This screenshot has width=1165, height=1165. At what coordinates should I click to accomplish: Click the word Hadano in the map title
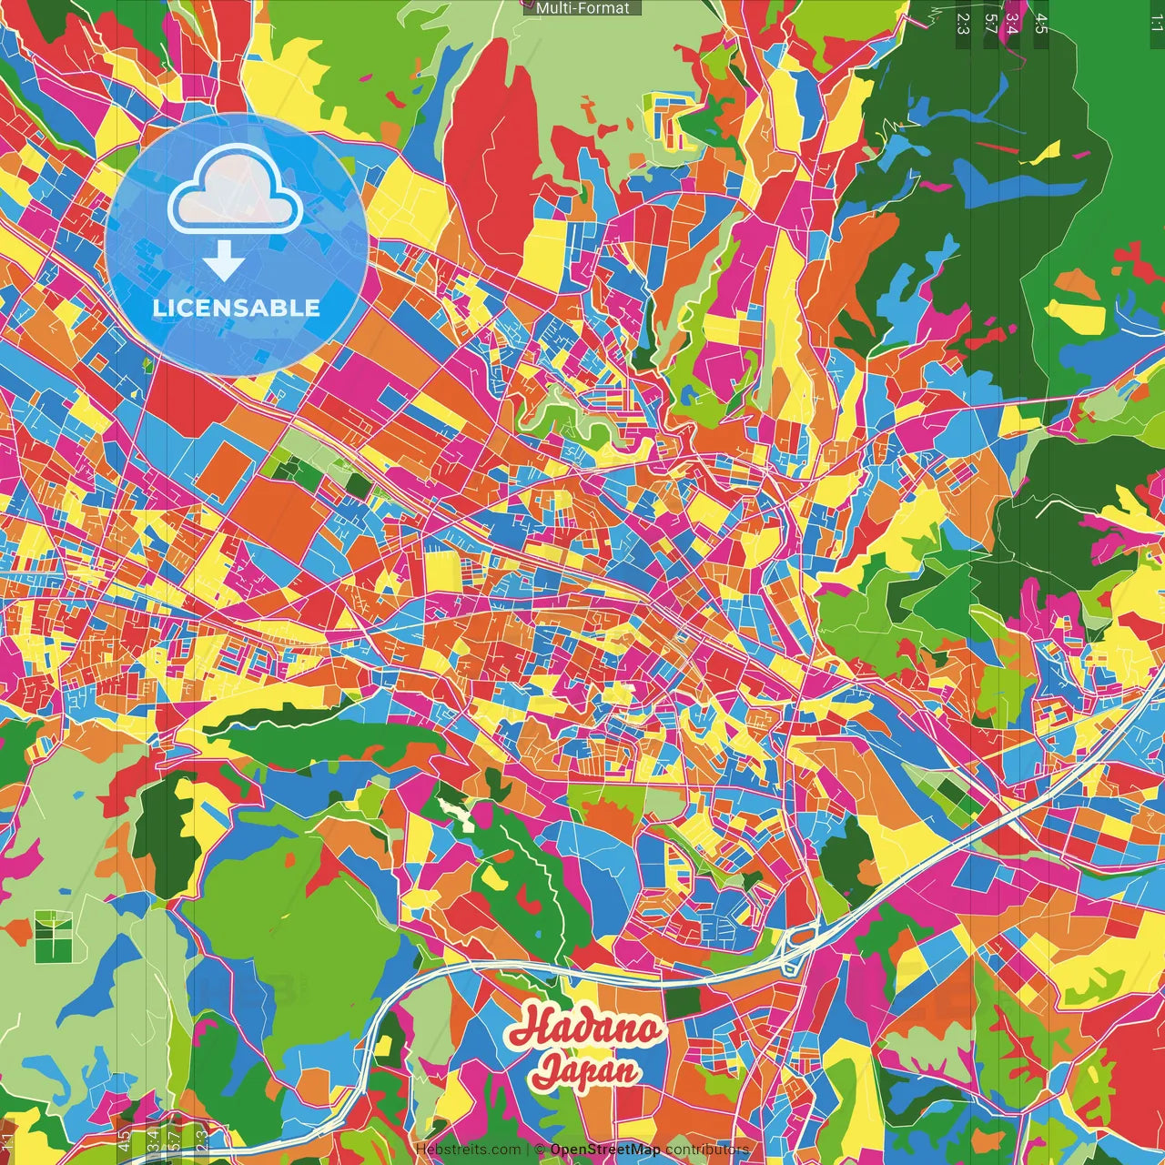click(585, 1028)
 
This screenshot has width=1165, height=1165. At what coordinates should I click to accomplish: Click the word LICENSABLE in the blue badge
click(237, 308)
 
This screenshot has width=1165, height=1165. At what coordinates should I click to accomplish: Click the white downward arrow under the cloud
click(223, 263)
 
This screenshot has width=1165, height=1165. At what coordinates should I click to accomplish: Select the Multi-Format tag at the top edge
click(582, 8)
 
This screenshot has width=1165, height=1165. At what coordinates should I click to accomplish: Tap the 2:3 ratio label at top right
click(962, 23)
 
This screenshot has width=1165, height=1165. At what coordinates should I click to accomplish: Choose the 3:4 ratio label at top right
click(1010, 23)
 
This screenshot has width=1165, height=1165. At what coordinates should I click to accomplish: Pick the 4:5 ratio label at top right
click(1040, 23)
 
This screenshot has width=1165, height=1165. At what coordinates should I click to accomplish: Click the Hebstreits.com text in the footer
click(468, 1150)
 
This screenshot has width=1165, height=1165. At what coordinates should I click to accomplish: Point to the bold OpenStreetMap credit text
click(605, 1150)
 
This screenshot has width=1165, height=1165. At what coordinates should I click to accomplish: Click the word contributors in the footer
click(707, 1150)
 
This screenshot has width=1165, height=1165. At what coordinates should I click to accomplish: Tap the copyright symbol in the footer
click(540, 1150)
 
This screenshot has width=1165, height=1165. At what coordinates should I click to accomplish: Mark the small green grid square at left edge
click(53, 936)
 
